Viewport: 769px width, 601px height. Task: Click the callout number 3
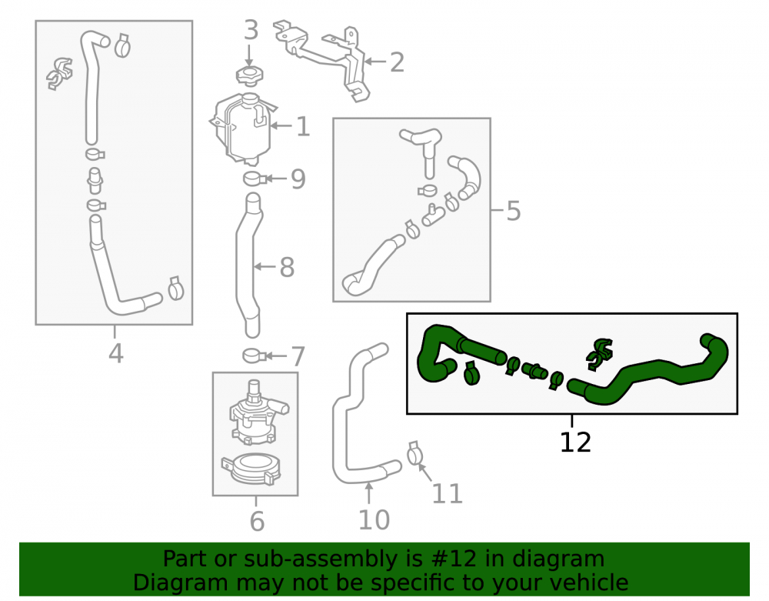pos(251,31)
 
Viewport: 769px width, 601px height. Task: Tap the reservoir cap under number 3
pos(250,75)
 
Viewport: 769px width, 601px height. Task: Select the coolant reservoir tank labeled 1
pos(243,129)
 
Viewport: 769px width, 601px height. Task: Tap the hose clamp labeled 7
pos(254,356)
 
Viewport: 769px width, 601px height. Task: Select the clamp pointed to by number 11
pos(415,453)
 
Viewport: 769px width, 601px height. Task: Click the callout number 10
pos(374,519)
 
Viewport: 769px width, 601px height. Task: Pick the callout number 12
pos(575,442)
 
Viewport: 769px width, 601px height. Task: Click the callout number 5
pos(513,211)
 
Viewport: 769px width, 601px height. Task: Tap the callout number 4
pos(116,353)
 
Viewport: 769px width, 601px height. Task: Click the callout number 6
pos(257,521)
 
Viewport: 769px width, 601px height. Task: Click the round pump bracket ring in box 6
pos(253,468)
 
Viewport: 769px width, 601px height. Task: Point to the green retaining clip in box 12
pos(600,353)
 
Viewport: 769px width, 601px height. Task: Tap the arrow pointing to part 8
pos(265,267)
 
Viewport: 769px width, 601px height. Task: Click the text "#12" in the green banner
pos(454,559)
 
